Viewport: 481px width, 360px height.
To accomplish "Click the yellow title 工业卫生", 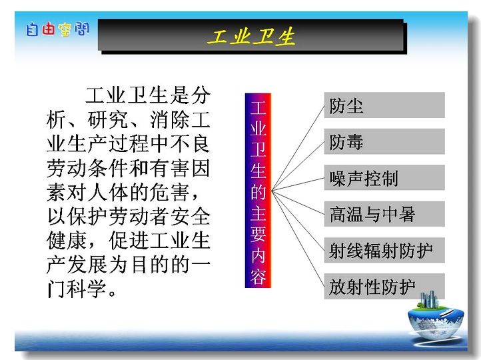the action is pos(251,37).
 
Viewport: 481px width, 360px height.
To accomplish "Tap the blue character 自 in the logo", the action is pos(31,29).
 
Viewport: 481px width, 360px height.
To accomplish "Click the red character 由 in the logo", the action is pos(49,29).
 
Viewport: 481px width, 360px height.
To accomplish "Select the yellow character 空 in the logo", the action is pos(65,30).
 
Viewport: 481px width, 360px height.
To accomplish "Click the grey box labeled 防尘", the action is pos(384,105).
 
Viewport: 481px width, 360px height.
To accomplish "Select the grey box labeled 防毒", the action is pos(384,141).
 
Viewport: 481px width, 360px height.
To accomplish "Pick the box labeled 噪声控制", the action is pos(384,177).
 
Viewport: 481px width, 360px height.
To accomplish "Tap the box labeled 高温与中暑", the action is pos(384,214).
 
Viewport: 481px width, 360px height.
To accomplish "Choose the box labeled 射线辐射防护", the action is pos(384,250).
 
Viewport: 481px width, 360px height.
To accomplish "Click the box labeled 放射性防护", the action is pos(384,287).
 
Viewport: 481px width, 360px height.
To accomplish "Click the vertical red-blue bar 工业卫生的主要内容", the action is pos(258,191).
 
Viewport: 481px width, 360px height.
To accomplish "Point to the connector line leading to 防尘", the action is pos(298,147).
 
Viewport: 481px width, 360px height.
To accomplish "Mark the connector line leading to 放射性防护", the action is pos(298,239).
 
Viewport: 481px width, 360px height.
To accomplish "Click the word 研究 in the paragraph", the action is pos(108,120).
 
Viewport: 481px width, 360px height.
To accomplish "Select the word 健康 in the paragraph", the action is pos(67,240).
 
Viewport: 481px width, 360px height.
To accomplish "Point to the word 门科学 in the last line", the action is pos(77,289).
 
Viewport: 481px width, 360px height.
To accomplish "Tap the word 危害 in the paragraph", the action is pos(170,193).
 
